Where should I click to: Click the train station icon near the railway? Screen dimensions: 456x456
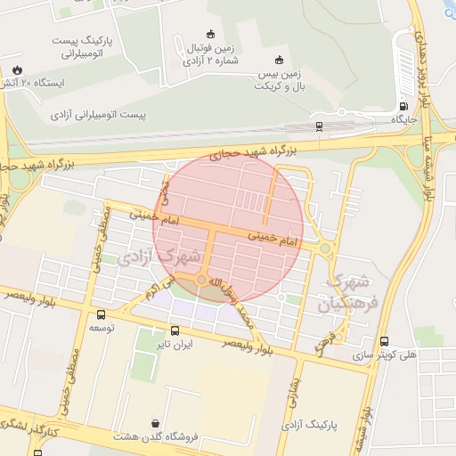tap(319, 126)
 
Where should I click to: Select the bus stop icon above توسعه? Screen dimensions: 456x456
tap(100, 314)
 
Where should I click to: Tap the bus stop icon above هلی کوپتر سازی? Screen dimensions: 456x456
tap(384, 340)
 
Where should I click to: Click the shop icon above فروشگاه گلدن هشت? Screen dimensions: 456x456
tap(157, 423)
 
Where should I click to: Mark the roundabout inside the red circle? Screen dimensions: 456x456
tap(203, 281)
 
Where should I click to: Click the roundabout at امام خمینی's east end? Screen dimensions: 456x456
tap(325, 248)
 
